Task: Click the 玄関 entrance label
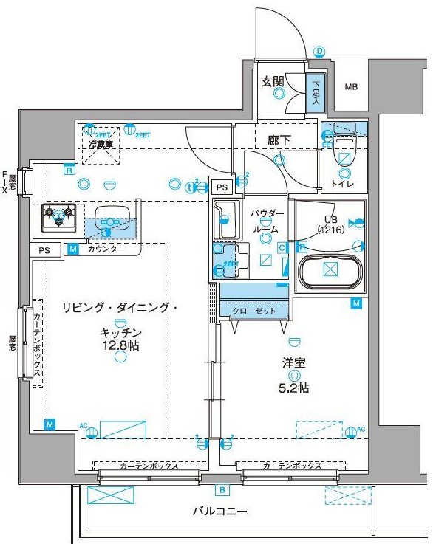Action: coord(273,82)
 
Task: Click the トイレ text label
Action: coord(341,184)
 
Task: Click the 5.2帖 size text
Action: coord(294,388)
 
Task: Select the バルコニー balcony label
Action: coord(219,512)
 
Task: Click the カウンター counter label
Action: coord(106,249)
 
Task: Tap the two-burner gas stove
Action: coord(58,215)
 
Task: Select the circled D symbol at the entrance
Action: coord(319,51)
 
